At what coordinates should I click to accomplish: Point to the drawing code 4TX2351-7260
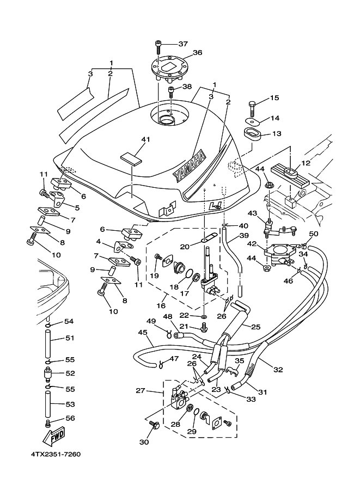pyautogui.click(x=56, y=454)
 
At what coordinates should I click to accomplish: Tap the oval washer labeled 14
pyautogui.click(x=250, y=120)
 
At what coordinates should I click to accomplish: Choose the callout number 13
pyautogui.click(x=277, y=133)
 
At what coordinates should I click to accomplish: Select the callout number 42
pyautogui.click(x=253, y=244)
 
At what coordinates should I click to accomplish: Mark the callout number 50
pyautogui.click(x=314, y=234)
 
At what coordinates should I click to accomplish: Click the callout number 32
pyautogui.click(x=278, y=370)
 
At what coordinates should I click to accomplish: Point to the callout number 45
pyautogui.click(x=143, y=332)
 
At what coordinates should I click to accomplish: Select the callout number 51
pyautogui.click(x=69, y=338)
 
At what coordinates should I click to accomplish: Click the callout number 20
pyautogui.click(x=185, y=247)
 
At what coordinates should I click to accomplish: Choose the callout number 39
pyautogui.click(x=243, y=236)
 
